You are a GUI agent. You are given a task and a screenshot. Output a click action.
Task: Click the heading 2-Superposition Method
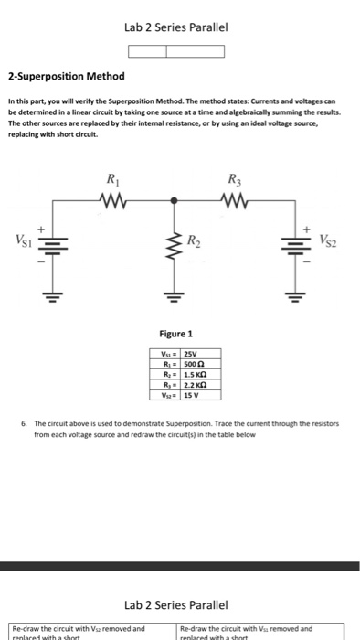66,76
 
